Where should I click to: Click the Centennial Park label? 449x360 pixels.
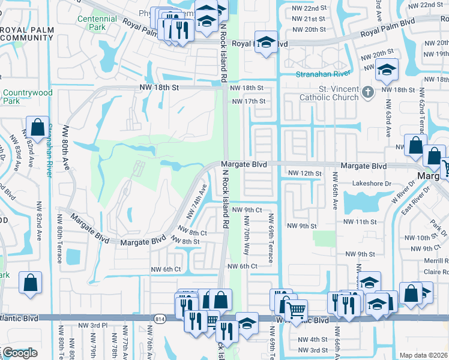[100, 23]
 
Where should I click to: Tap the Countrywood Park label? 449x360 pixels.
[27, 97]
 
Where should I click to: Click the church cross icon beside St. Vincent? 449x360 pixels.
[369, 92]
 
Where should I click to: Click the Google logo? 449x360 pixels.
[19, 353]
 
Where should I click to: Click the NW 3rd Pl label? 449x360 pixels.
[92, 325]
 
